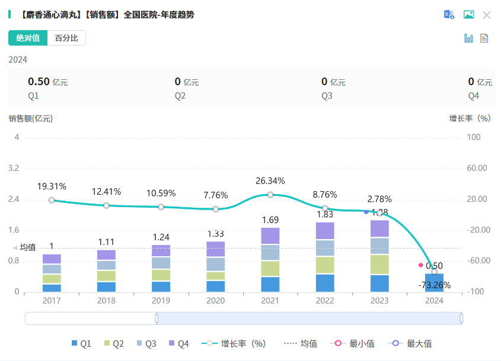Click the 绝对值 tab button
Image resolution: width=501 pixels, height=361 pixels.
tap(27, 38)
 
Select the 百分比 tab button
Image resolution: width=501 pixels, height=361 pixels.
tap(66, 38)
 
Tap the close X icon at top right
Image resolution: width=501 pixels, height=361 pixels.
tap(487, 15)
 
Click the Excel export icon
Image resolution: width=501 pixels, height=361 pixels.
tap(449, 15)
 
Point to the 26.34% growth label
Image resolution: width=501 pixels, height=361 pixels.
tap(270, 181)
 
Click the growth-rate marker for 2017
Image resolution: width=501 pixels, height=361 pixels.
tap(52, 200)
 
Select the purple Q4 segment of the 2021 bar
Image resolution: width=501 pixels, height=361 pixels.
tap(270, 236)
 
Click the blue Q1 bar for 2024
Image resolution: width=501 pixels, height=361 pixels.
tap(434, 282)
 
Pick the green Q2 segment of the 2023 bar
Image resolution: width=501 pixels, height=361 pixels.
tap(379, 264)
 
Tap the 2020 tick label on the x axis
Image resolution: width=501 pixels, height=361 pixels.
tap(215, 301)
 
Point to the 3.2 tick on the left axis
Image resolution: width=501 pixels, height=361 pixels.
tap(14, 168)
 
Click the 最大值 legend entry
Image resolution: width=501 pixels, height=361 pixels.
tap(413, 343)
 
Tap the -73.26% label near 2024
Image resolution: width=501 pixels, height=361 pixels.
tap(433, 285)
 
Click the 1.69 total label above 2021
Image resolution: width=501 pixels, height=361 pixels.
tap(270, 220)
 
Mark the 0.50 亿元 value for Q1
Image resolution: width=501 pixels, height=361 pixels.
tap(47, 82)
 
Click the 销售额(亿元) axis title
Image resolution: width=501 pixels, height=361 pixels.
tap(31, 118)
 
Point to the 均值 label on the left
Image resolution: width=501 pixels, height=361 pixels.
tap(27, 247)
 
